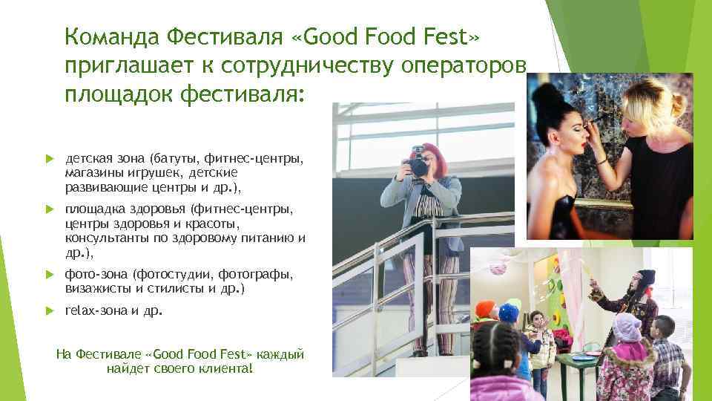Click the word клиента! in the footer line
(x=225, y=368)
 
